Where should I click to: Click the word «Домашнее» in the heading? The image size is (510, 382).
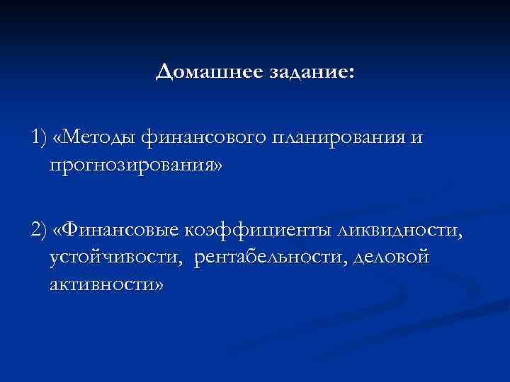(x=200, y=71)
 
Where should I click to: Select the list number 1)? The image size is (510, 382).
(x=40, y=137)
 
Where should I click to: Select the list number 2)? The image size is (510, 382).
(x=40, y=231)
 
